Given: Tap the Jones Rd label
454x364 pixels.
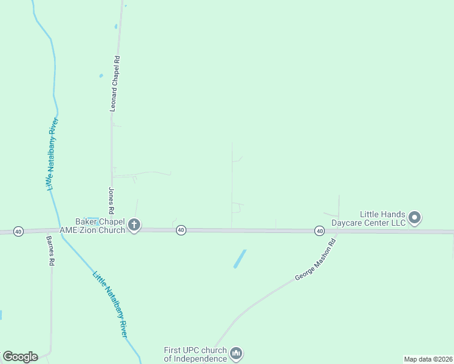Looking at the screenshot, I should pos(112,201).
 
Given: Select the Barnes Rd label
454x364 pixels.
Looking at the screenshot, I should pos(51,252).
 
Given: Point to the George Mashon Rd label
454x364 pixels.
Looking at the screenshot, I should pos(315,262).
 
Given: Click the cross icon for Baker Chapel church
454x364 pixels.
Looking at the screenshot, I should pos(134,226).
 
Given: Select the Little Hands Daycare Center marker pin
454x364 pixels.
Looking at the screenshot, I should pos(415,217).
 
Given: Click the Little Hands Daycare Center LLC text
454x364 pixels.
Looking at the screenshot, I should pos(382,218).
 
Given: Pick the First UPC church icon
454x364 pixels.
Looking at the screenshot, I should pos(236,353).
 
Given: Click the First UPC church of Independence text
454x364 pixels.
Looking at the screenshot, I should pos(195,354).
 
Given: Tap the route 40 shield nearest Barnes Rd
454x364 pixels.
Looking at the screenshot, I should pos(18,232).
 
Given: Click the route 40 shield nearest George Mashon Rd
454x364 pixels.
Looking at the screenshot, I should pos(319,231).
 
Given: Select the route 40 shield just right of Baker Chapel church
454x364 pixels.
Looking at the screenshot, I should pos(181,230).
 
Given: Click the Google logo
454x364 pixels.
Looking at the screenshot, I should pos(20,357).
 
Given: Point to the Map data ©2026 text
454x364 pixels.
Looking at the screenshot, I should pos(428,359).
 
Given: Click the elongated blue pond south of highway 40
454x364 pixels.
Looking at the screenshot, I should pos(240,259).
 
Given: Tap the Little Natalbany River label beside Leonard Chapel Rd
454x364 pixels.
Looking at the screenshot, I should pos(52,152).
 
